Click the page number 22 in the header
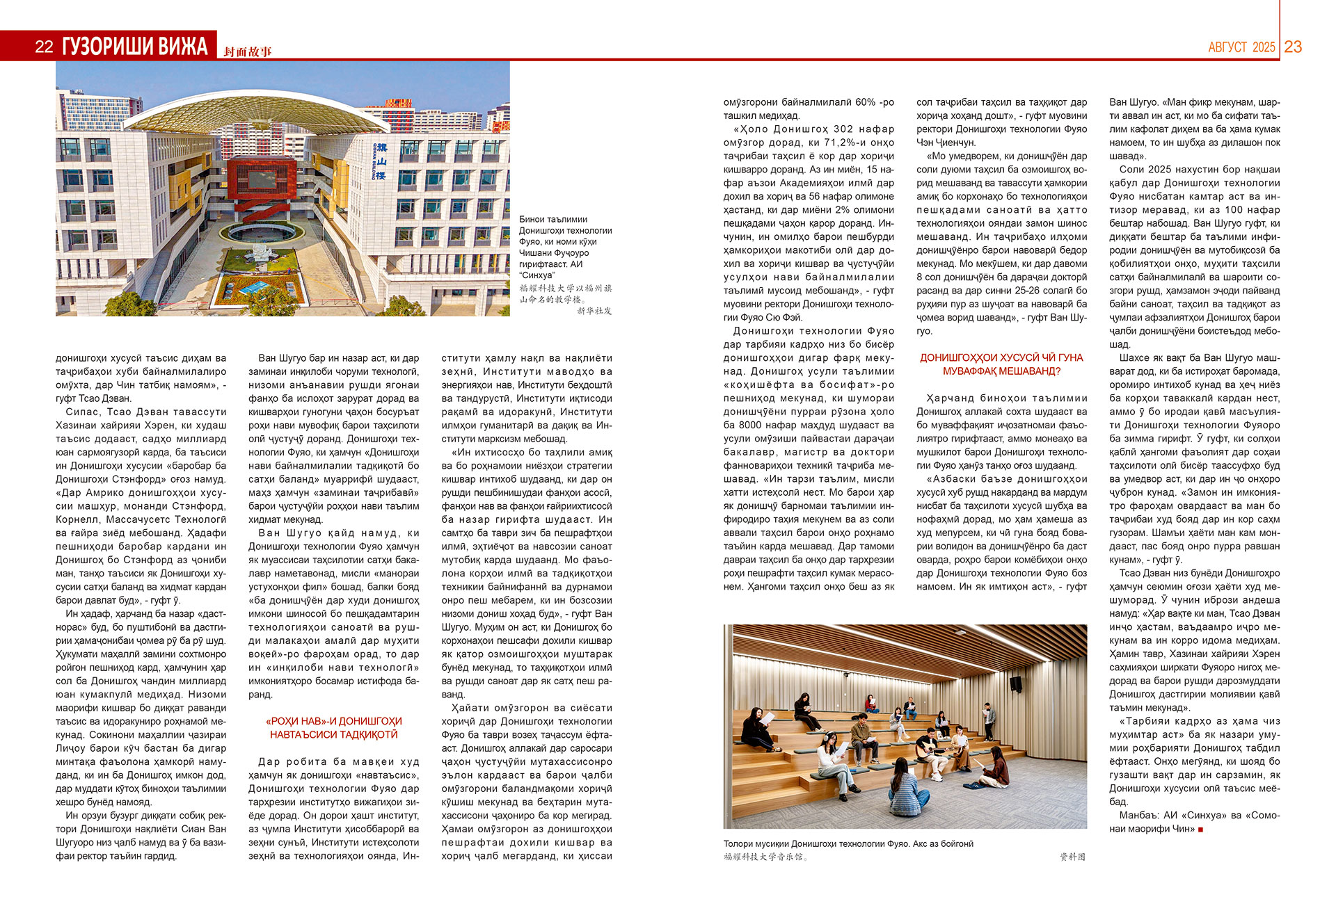pos(44,47)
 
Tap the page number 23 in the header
pos(1293,47)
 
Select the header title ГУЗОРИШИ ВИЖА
pos(134,47)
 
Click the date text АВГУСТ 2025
pos(1241,47)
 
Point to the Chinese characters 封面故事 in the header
pos(248,51)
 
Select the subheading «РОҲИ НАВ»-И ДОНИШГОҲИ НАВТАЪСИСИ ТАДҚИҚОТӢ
pos(334,728)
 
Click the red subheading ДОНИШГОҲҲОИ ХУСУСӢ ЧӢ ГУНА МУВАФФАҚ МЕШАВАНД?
pos(1001,364)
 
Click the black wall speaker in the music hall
pos(1016,683)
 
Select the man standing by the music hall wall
pos(987,720)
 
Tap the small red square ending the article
pos(1200,830)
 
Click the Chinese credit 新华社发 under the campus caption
pos(594,311)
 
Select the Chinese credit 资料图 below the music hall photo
pos(1072,857)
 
